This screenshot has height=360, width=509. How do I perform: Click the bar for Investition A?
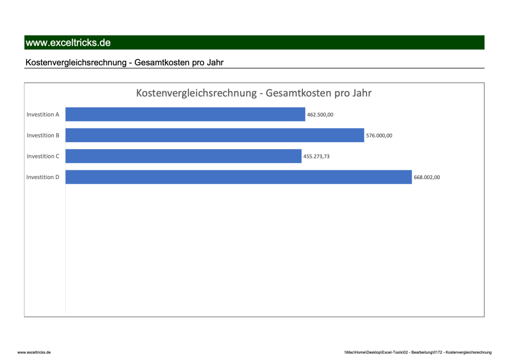coord(185,114)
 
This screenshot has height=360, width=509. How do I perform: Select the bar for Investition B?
coord(215,135)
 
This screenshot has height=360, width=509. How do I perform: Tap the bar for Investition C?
coord(183,156)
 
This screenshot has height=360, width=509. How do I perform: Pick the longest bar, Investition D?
coord(238,177)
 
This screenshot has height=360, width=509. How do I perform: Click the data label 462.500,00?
coord(320,114)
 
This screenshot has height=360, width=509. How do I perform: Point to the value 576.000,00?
coord(379,135)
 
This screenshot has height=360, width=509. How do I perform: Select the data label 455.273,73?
coord(316,156)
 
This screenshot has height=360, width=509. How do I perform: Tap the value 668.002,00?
coord(427,177)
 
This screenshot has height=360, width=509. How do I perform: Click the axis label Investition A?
coord(43,115)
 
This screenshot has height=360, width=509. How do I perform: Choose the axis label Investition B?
coord(43,135)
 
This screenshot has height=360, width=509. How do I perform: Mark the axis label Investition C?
coord(43,156)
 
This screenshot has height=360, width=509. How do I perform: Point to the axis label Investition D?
coord(43,177)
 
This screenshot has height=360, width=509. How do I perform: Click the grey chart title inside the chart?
coord(254,93)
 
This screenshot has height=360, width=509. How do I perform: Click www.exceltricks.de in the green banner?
coord(68,43)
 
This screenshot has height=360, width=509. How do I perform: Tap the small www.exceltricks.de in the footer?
coord(34,352)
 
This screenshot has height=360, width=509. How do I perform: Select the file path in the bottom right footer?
coord(418,352)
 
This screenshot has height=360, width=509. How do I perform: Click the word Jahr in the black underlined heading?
coord(215,63)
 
